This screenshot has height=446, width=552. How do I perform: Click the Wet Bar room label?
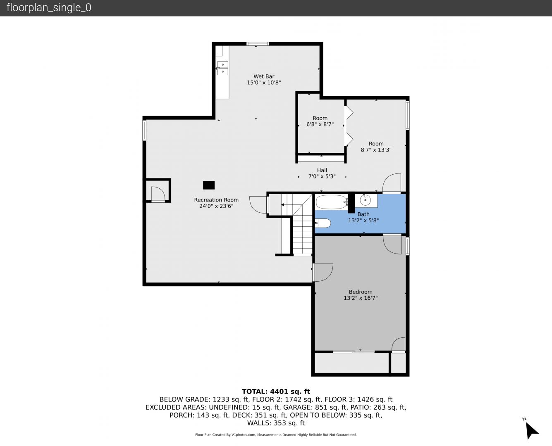(x=264, y=76)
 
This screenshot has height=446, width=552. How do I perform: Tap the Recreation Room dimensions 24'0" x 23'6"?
(x=216, y=206)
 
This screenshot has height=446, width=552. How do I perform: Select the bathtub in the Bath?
(x=332, y=202)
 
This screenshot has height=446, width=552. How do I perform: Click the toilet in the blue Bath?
(x=323, y=223)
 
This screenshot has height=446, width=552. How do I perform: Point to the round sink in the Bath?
(x=365, y=200)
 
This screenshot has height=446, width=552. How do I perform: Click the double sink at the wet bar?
(x=222, y=68)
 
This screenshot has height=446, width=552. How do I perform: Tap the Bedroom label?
(x=361, y=292)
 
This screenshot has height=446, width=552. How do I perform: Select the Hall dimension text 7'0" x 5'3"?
(x=322, y=176)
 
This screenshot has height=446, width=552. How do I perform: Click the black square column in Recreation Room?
(x=209, y=185)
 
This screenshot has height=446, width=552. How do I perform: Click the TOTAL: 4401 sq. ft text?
(x=276, y=391)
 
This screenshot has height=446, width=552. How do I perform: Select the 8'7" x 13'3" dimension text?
(x=376, y=149)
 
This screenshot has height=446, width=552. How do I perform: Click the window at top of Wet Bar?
(x=258, y=44)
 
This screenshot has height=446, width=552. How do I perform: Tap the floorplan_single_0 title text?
(x=49, y=8)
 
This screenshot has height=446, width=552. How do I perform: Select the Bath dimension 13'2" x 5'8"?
(x=363, y=220)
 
